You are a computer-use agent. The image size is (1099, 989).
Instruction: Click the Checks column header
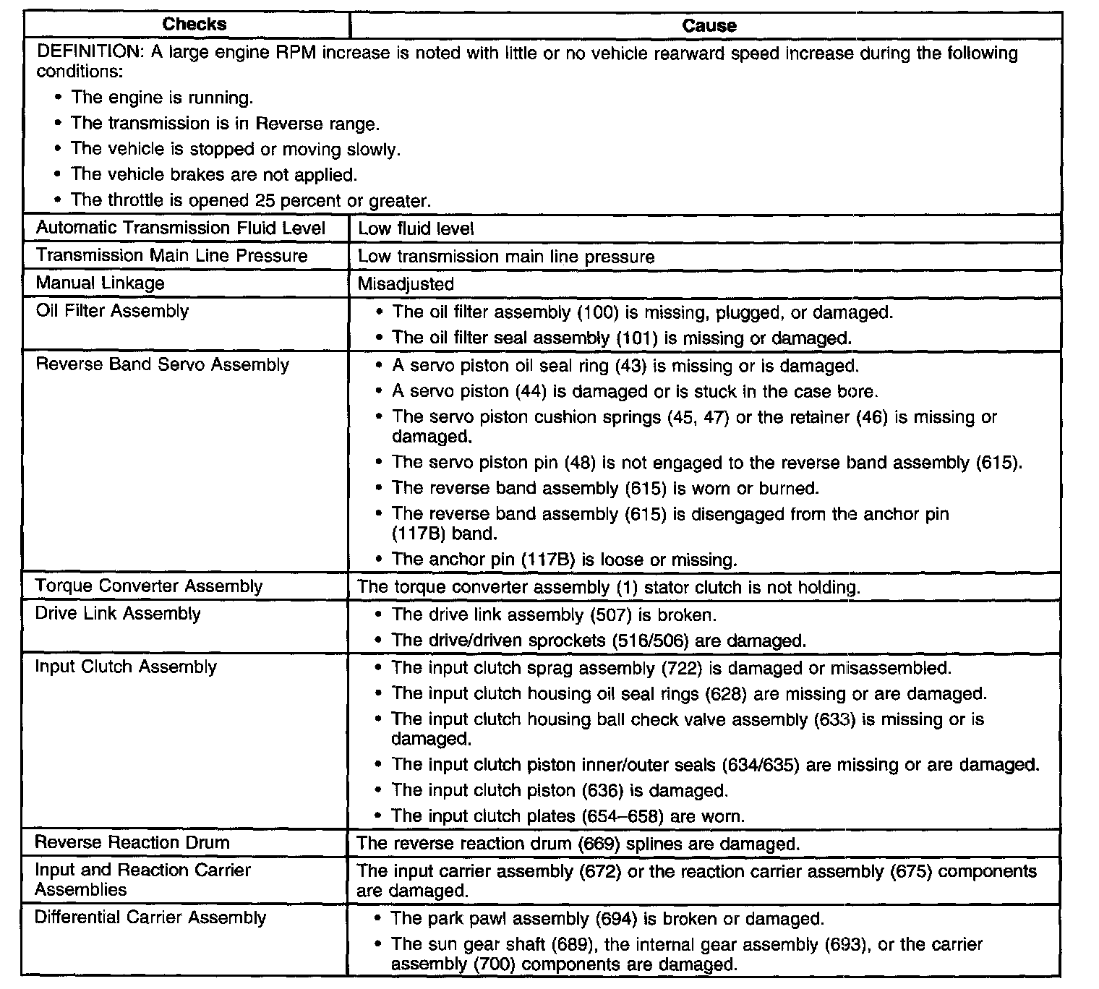click(194, 24)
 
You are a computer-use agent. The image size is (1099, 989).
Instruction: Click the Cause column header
click(709, 26)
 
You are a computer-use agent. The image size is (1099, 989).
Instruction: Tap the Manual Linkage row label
click(100, 283)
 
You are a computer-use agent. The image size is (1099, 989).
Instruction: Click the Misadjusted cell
click(406, 284)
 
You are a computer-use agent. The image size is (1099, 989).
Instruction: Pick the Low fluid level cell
click(416, 229)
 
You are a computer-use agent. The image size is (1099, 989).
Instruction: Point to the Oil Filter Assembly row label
click(112, 312)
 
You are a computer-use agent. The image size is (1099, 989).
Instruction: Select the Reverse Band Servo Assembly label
click(162, 364)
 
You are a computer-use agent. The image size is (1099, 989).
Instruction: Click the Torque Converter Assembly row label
click(148, 586)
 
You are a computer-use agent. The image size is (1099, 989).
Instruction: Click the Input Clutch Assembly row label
click(126, 667)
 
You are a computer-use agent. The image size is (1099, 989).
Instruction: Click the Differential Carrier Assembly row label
click(150, 917)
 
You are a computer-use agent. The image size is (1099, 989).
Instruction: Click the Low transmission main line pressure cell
click(506, 257)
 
